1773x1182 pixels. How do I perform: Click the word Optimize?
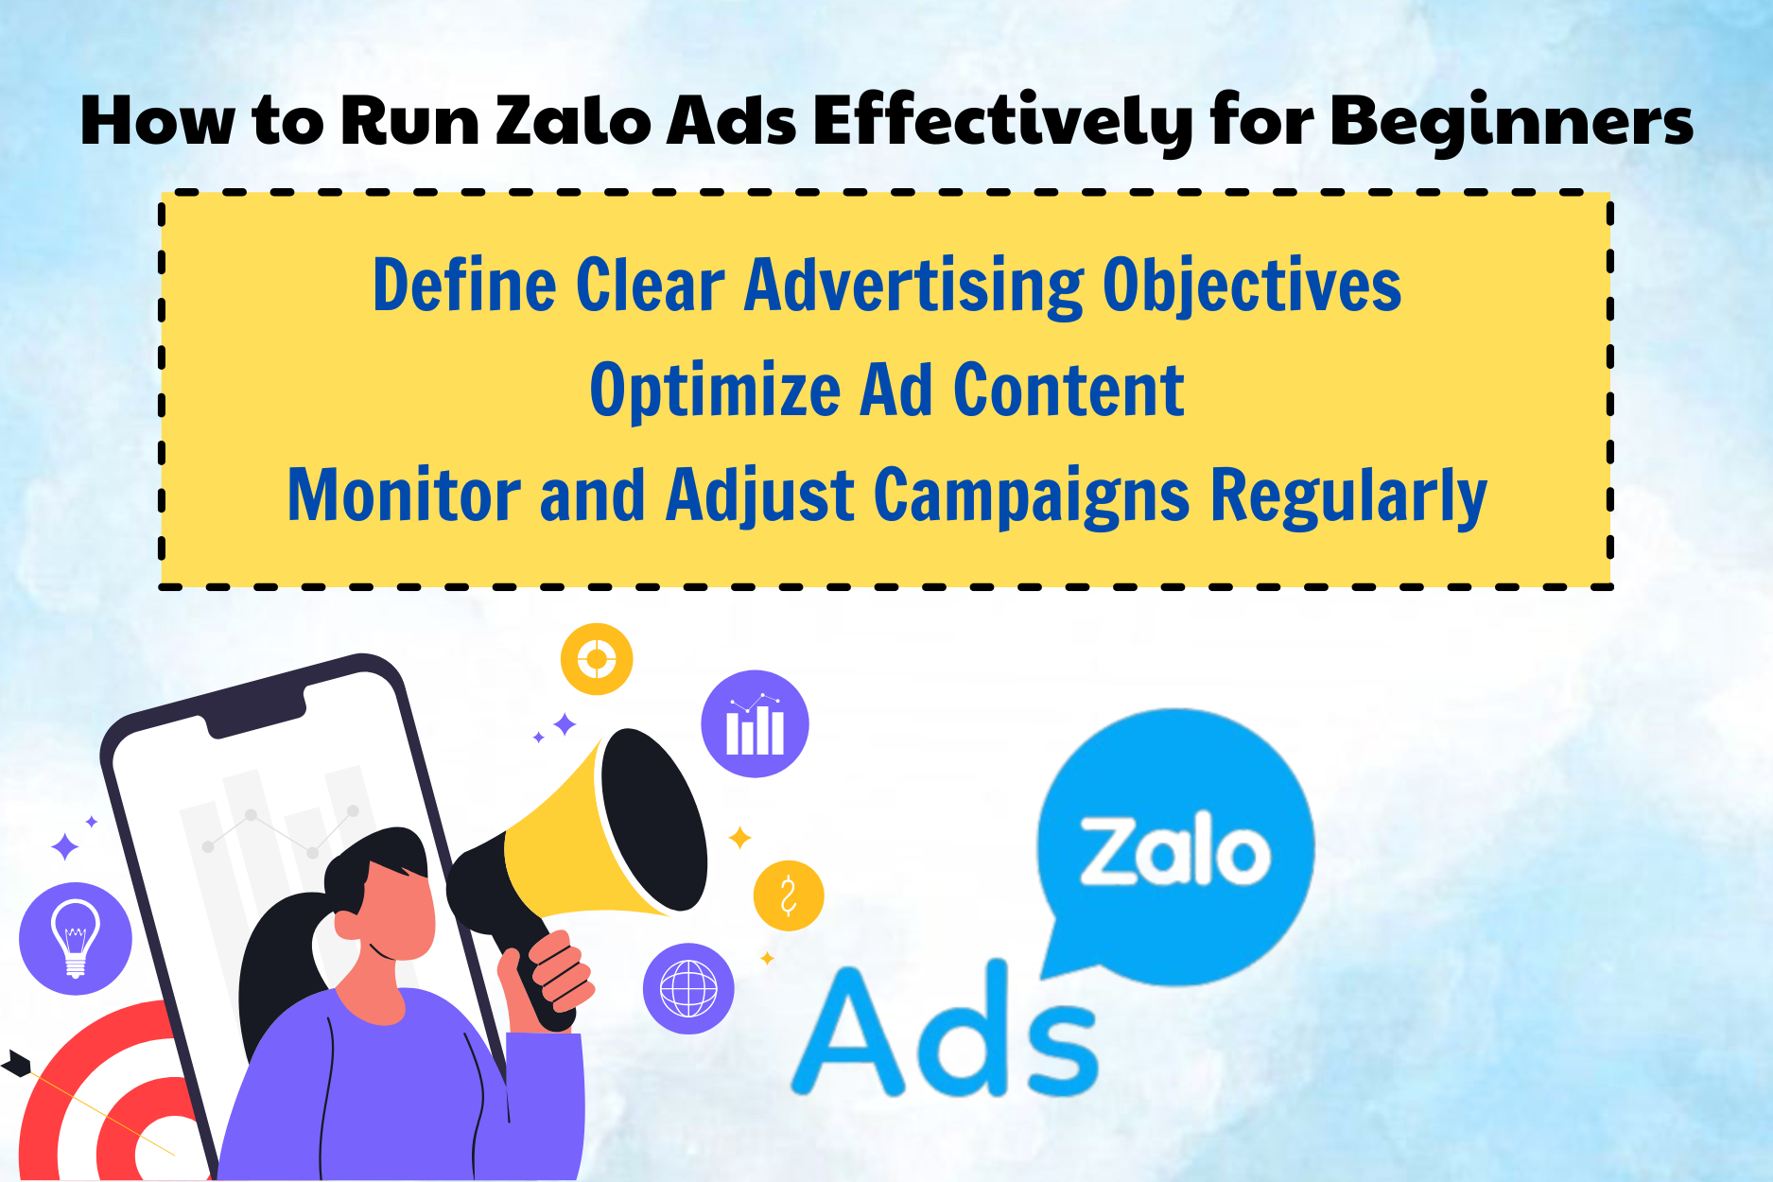[x=715, y=390]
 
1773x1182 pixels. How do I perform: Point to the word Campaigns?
[x=1031, y=495]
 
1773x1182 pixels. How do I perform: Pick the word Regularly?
[x=1349, y=495]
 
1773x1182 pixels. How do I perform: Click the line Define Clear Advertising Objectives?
[x=886, y=285]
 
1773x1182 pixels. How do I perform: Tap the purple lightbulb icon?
[x=76, y=938]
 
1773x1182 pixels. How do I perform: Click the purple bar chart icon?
[x=755, y=724]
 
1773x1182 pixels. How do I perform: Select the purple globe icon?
[x=688, y=989]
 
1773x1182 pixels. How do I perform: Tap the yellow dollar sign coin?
[x=789, y=895]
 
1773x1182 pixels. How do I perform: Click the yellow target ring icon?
[x=597, y=659]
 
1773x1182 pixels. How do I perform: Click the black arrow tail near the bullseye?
[x=16, y=1064]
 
